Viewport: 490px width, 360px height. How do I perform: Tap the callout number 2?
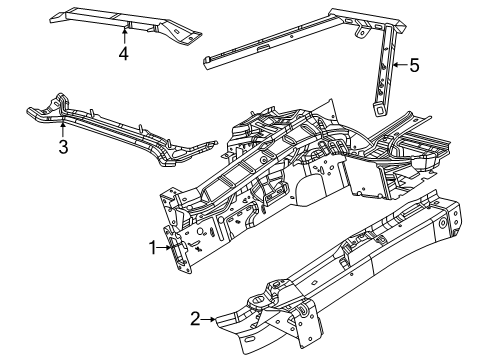click(195, 319)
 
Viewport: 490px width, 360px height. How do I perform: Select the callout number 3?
click(62, 148)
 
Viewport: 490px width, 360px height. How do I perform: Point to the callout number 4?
click(124, 54)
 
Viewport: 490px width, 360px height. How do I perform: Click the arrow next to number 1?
click(167, 247)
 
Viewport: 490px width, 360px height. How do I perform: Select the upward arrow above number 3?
click(62, 128)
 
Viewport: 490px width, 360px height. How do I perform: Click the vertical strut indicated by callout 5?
click(385, 70)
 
